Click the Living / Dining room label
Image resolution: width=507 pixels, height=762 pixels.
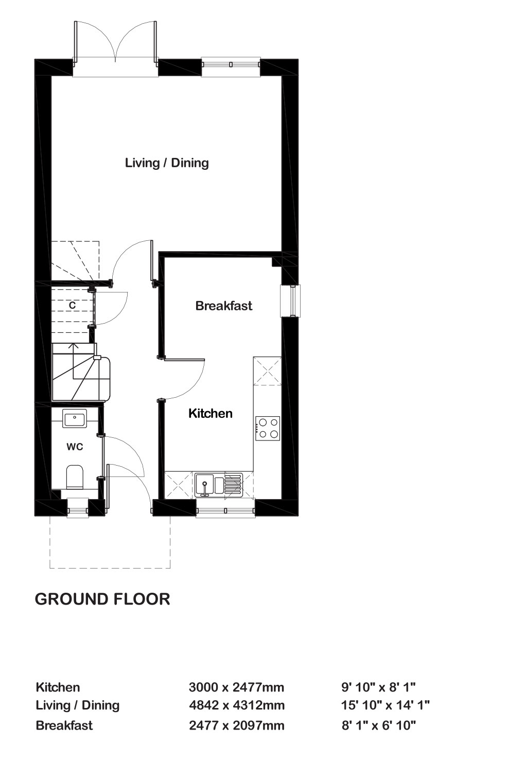[x=167, y=163]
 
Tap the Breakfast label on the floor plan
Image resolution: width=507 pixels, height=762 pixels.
[x=224, y=306]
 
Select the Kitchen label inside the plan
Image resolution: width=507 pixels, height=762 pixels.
[x=211, y=413]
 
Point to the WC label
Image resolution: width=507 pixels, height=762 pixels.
[x=75, y=447]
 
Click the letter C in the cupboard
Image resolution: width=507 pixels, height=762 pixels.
[x=72, y=305]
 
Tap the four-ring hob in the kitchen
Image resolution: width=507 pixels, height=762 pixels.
[x=268, y=429]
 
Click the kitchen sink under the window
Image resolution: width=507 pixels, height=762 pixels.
[x=219, y=484]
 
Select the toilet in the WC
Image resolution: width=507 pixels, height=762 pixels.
[x=75, y=477]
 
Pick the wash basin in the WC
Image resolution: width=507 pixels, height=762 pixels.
[x=75, y=418]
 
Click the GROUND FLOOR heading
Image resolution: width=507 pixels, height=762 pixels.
[x=102, y=599]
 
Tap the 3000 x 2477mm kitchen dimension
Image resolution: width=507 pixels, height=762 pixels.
[x=236, y=687]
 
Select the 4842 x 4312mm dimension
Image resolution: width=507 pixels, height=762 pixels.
[x=237, y=705]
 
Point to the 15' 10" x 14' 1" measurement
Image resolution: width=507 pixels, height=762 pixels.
[x=386, y=705]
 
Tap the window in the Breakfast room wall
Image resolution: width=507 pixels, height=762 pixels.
[x=290, y=301]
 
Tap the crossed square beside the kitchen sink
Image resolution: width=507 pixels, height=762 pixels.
[x=178, y=485]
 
